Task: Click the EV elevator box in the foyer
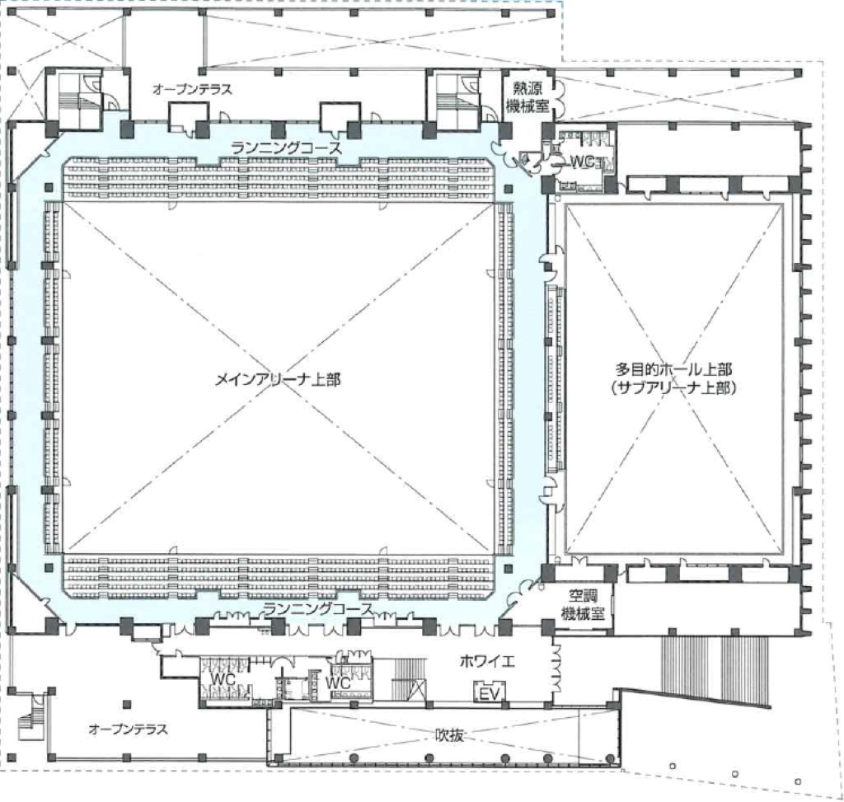coord(490,692)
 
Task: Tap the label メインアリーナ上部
coord(278,380)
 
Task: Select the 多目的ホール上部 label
coord(673,370)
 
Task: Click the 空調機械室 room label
coord(583,604)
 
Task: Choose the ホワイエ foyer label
coord(487,662)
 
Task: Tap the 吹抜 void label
coord(449,735)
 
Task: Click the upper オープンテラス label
coord(192,89)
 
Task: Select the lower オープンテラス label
coord(128,729)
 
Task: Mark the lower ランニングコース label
coord(318,609)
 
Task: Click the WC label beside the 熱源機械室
coord(582,161)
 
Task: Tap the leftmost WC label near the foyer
coord(223,678)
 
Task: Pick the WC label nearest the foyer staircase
coord(338,683)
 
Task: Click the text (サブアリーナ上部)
coord(673,387)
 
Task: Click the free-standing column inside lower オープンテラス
coord(126,704)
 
